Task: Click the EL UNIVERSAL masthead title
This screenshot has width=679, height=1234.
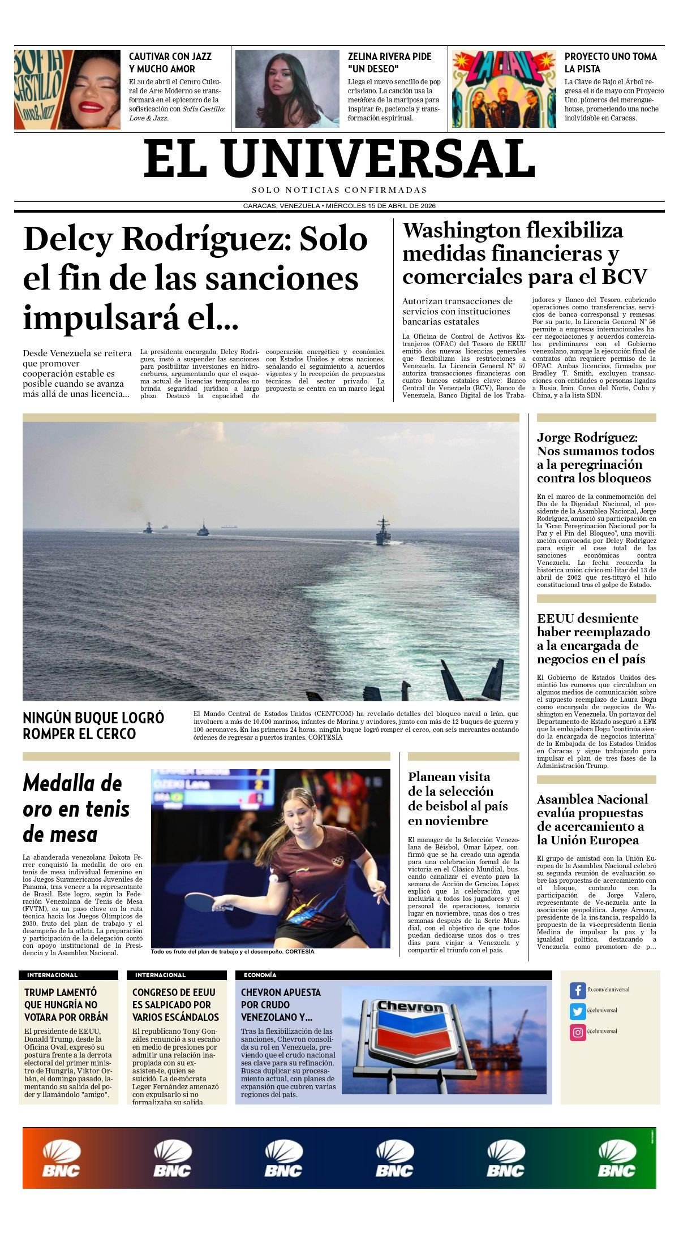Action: [339, 159]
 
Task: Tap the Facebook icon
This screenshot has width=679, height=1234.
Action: [577, 990]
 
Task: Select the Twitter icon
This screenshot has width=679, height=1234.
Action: [577, 1011]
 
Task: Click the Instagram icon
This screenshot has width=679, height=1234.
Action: [577, 1032]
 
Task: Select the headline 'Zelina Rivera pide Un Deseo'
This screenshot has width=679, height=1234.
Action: [389, 62]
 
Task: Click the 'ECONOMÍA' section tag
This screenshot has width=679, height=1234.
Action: [260, 975]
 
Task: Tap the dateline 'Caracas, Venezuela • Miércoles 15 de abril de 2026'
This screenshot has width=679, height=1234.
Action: [339, 206]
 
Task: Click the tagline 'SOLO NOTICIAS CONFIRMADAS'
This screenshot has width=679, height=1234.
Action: [339, 190]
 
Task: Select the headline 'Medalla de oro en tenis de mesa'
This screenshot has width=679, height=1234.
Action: [76, 809]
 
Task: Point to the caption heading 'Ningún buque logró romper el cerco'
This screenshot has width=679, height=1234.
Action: [93, 726]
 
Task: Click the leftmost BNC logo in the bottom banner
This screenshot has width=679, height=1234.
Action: [61, 1159]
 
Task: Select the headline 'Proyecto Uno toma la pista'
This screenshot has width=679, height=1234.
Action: [611, 62]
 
